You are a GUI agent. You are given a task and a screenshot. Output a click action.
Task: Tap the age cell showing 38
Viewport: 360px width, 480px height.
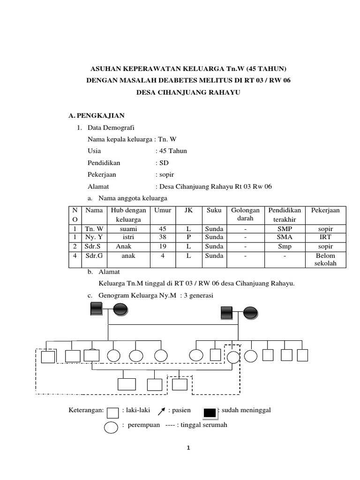163,238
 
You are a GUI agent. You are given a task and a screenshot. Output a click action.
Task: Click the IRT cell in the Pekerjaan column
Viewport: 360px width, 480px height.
326,238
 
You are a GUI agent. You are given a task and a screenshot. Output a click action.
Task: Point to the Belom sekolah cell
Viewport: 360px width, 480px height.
326,260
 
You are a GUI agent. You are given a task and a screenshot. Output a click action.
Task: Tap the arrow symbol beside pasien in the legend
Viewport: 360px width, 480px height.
162,412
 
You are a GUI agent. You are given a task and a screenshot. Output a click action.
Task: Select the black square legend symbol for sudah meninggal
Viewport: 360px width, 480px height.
210,412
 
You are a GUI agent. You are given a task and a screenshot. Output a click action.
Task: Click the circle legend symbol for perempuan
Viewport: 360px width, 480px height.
111,427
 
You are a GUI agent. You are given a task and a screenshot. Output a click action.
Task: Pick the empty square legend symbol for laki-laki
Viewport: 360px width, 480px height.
112,412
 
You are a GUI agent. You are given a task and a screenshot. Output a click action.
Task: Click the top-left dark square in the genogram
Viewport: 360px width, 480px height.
96,308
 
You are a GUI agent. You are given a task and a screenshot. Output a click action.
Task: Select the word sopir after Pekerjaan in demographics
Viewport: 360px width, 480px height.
165,174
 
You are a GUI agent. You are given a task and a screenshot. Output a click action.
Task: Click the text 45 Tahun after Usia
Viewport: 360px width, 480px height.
172,150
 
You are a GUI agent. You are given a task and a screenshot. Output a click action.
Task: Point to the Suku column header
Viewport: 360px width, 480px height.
214,210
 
